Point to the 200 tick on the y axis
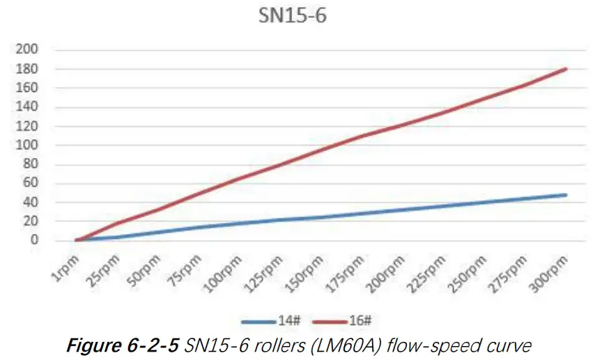pyautogui.click(x=30, y=50)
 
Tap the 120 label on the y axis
pyautogui.click(x=30, y=127)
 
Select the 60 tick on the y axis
pyautogui.click(x=33, y=184)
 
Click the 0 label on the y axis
pyautogui.click(x=36, y=241)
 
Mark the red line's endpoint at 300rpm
pyautogui.click(x=566, y=69)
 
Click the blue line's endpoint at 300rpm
pyautogui.click(x=566, y=195)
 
